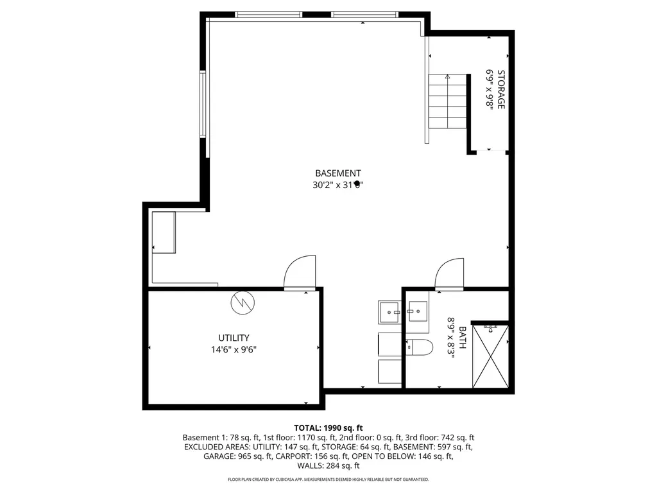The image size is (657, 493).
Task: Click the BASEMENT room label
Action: pyautogui.click(x=337, y=173)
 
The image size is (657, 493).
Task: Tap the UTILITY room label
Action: pyautogui.click(x=233, y=338)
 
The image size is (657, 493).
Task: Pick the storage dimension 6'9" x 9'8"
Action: pyautogui.click(x=490, y=89)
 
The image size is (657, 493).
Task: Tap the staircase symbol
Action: pyautogui.click(x=447, y=101)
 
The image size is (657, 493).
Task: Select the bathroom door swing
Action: pyautogui.click(x=449, y=275)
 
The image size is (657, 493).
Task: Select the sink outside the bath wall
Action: pyautogui.click(x=389, y=313)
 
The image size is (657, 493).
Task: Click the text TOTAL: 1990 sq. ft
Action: pyautogui.click(x=328, y=428)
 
